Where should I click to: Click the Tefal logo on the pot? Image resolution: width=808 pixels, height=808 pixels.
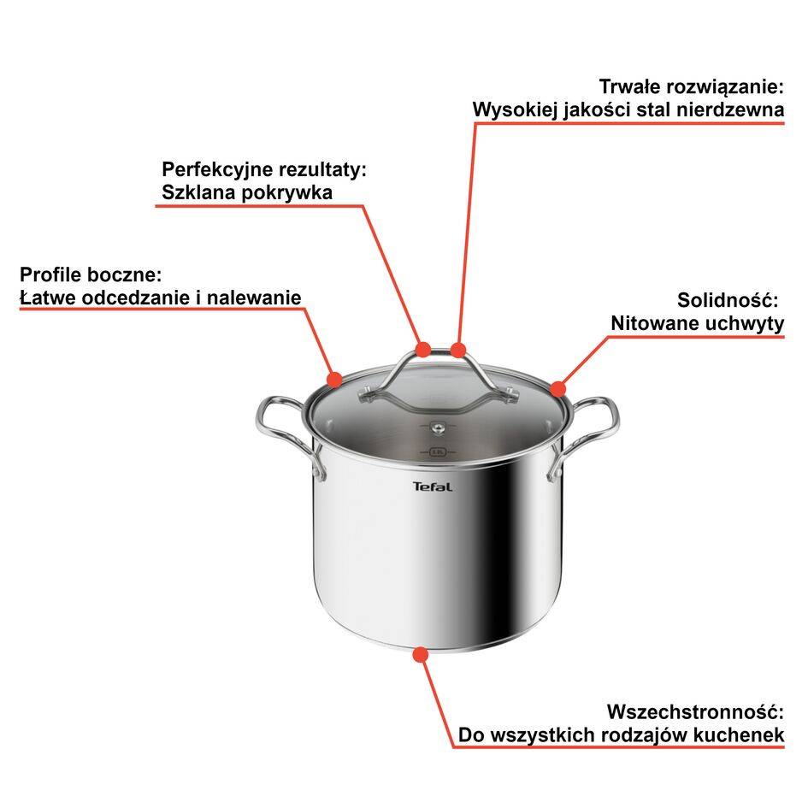point(433,487)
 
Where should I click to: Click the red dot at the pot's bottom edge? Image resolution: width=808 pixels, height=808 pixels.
point(419,654)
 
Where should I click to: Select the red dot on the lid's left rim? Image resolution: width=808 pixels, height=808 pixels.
point(334,378)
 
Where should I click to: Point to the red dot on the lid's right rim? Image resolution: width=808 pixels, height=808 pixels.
point(557,390)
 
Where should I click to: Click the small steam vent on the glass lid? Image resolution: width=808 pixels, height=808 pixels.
point(437,425)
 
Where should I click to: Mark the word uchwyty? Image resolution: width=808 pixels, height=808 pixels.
point(745,323)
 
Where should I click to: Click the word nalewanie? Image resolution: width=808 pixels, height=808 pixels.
point(261,298)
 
